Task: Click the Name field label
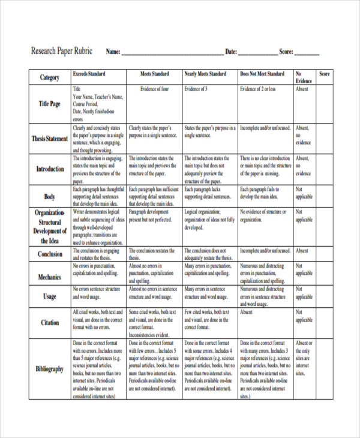[113, 52]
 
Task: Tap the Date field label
[232, 52]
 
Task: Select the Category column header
[50, 77]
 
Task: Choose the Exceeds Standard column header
[89, 74]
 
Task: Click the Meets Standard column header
[154, 74]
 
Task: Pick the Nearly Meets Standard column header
[205, 74]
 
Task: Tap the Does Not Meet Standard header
[262, 74]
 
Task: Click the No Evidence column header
[304, 77]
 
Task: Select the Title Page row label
[50, 103]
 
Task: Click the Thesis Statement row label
[50, 139]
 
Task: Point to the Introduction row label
[50, 169]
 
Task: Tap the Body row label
[50, 196]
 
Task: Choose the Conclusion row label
[50, 254]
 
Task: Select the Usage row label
[50, 296]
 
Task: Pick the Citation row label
[50, 323]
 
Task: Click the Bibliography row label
[50, 369]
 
